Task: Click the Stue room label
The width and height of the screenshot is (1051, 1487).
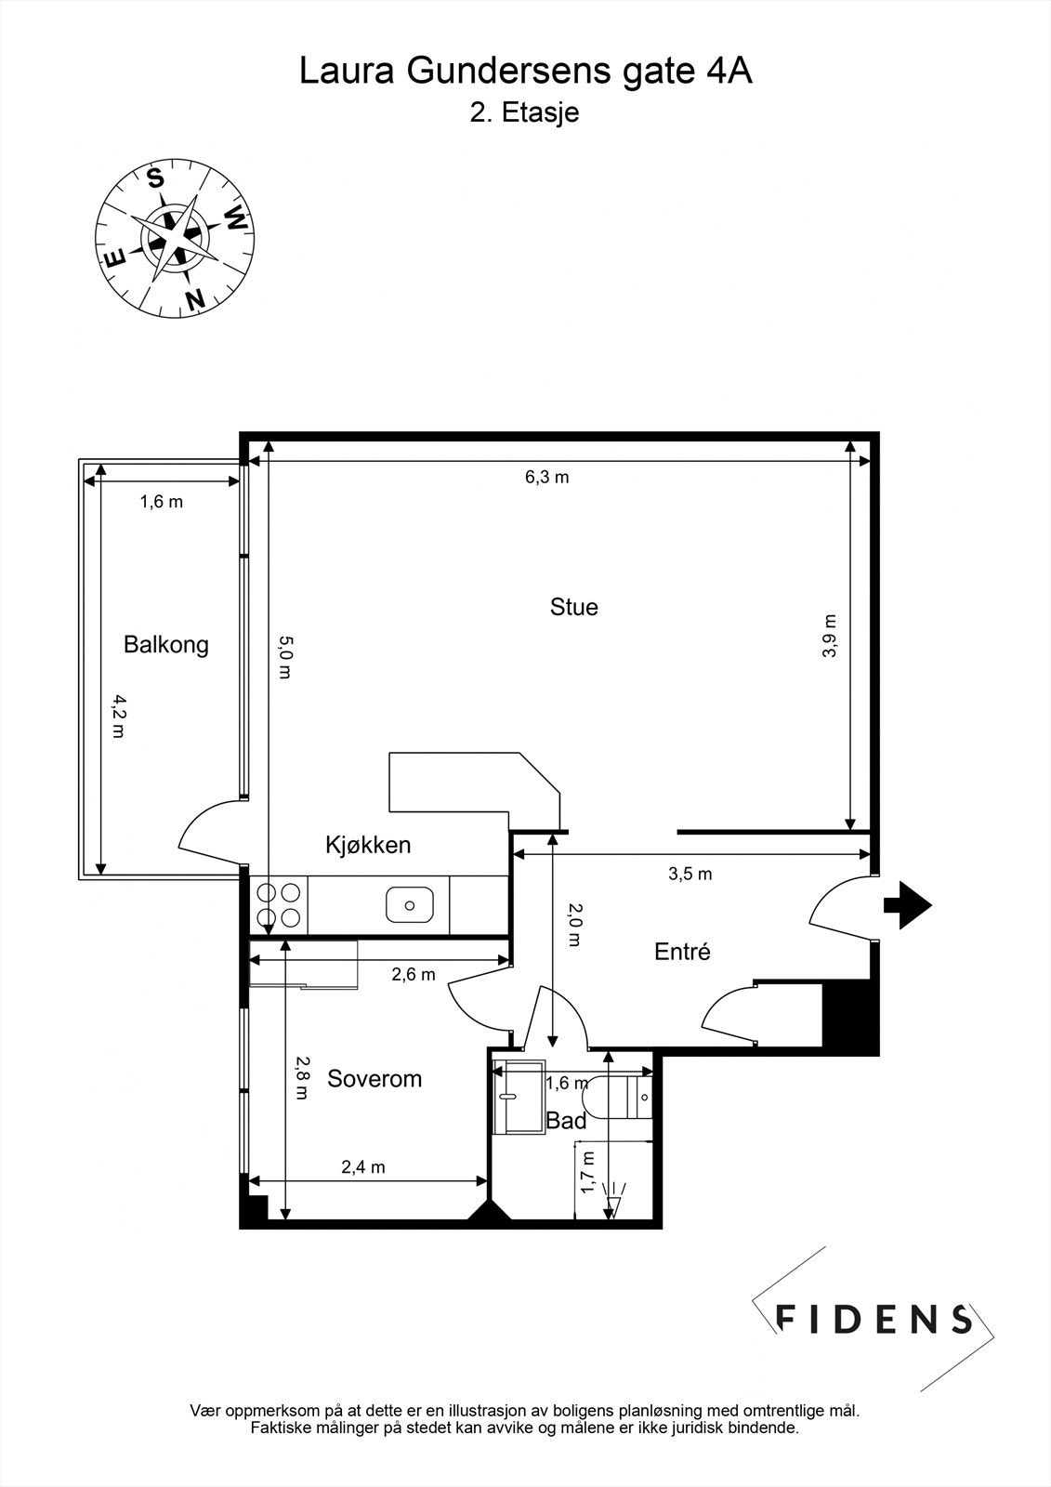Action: (x=573, y=607)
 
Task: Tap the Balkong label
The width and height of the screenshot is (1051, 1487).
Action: (x=166, y=644)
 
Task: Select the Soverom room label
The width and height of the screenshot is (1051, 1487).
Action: (x=374, y=1078)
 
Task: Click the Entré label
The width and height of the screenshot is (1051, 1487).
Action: (x=682, y=952)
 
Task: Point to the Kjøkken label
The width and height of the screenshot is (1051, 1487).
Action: (x=368, y=845)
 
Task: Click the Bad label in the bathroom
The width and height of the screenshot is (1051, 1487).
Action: (x=566, y=1121)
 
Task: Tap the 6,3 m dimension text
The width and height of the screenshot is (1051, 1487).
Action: (x=546, y=478)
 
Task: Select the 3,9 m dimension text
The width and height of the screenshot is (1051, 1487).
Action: (x=830, y=636)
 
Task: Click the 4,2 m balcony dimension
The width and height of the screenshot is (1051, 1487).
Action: (x=117, y=716)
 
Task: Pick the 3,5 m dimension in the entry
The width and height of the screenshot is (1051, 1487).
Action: (x=690, y=874)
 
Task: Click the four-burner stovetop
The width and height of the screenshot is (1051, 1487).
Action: (x=279, y=904)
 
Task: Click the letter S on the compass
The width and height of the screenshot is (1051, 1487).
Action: (x=156, y=178)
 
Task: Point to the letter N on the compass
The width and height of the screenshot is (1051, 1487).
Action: (x=194, y=299)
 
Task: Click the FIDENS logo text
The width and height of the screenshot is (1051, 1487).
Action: (x=874, y=1318)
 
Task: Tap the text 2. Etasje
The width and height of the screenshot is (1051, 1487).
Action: (x=525, y=112)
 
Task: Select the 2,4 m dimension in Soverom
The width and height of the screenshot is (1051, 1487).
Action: (x=363, y=1167)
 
